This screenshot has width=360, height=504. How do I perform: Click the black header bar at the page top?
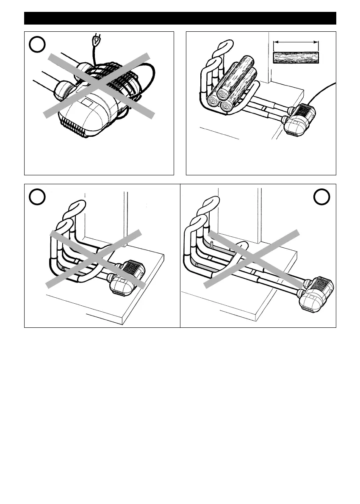pos(180,18)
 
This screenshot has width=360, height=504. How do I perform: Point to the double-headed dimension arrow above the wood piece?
pos(296,42)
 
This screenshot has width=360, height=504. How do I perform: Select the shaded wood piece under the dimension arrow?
pos(296,57)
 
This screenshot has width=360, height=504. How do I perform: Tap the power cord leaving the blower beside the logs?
pos(324,91)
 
